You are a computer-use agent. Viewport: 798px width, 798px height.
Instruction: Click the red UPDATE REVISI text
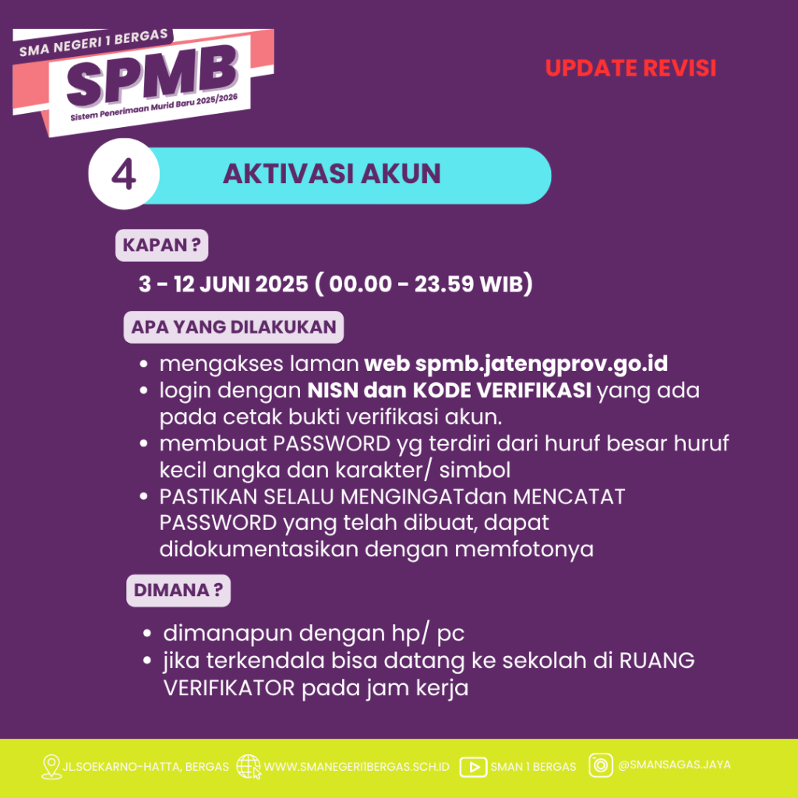click(x=630, y=69)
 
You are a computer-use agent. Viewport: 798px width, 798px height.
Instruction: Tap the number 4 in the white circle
click(x=124, y=174)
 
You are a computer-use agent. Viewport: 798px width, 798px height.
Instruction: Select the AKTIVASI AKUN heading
click(x=332, y=174)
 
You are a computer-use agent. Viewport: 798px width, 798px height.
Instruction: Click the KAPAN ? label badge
click(x=162, y=245)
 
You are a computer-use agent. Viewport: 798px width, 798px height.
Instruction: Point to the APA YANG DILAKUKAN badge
click(x=234, y=327)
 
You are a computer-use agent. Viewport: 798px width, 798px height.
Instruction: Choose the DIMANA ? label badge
click(x=178, y=591)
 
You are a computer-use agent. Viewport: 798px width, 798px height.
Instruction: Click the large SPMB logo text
click(x=152, y=76)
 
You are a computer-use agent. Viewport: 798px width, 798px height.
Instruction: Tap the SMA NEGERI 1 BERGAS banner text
click(x=94, y=43)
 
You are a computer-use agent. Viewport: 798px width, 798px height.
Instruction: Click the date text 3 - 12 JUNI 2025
click(x=224, y=284)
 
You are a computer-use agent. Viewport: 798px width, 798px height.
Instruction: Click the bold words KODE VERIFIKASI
click(x=502, y=390)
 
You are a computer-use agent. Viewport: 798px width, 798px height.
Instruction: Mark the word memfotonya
click(x=524, y=549)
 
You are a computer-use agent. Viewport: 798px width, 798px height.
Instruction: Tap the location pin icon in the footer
click(x=51, y=767)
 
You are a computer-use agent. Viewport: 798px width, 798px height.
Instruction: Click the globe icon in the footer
click(x=249, y=767)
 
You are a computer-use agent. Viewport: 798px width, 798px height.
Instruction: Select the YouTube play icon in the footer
click(x=473, y=767)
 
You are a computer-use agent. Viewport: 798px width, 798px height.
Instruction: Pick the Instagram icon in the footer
click(x=601, y=765)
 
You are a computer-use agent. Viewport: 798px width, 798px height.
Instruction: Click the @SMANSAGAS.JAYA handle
click(x=674, y=765)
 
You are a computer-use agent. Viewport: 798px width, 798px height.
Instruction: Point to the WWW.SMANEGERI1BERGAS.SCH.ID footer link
click(x=357, y=767)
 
